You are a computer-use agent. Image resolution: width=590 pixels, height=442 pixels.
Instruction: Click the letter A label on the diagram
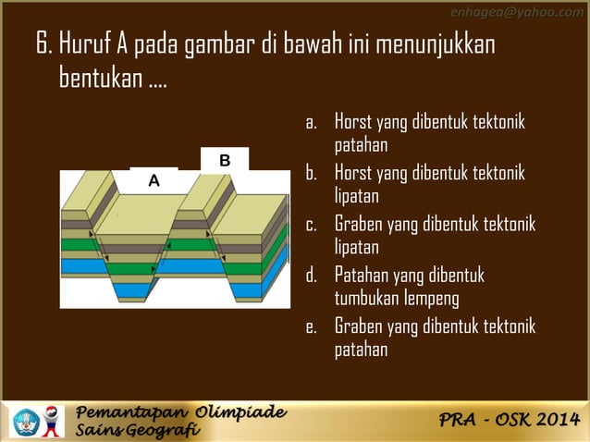(x=154, y=181)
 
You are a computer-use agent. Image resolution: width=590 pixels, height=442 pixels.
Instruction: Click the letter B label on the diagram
(x=225, y=161)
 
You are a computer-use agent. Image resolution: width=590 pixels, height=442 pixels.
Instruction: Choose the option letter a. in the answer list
(x=312, y=122)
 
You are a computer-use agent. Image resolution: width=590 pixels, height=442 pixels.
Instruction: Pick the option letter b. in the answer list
(x=312, y=173)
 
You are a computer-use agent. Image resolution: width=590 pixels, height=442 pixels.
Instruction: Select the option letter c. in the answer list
(x=312, y=225)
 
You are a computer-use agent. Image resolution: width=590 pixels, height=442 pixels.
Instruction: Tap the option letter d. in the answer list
(x=312, y=276)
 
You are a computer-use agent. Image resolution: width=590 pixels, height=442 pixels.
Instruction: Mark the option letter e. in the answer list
(x=312, y=326)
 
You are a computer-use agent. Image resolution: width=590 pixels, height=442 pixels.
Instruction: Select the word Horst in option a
(x=353, y=122)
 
